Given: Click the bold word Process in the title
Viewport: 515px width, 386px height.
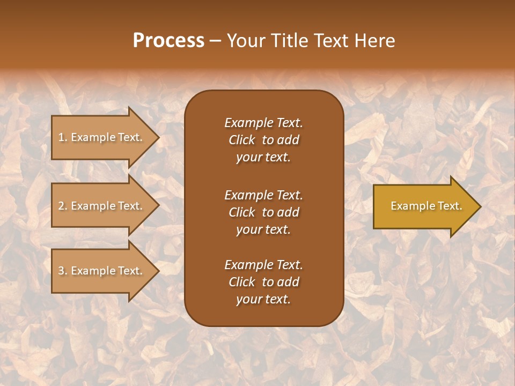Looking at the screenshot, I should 168,41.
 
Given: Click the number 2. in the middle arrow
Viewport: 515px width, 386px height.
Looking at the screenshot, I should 63,206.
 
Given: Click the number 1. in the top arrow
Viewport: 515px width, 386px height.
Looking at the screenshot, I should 63,137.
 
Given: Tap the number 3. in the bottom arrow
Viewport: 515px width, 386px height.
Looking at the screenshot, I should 63,271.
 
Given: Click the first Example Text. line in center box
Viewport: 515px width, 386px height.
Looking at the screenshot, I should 263,123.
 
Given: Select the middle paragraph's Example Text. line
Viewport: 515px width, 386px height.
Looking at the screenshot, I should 263,195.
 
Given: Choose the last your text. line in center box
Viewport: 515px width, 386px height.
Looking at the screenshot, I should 263,300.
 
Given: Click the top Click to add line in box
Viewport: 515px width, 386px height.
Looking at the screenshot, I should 263,140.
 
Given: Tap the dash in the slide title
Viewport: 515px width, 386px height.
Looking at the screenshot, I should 215,41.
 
